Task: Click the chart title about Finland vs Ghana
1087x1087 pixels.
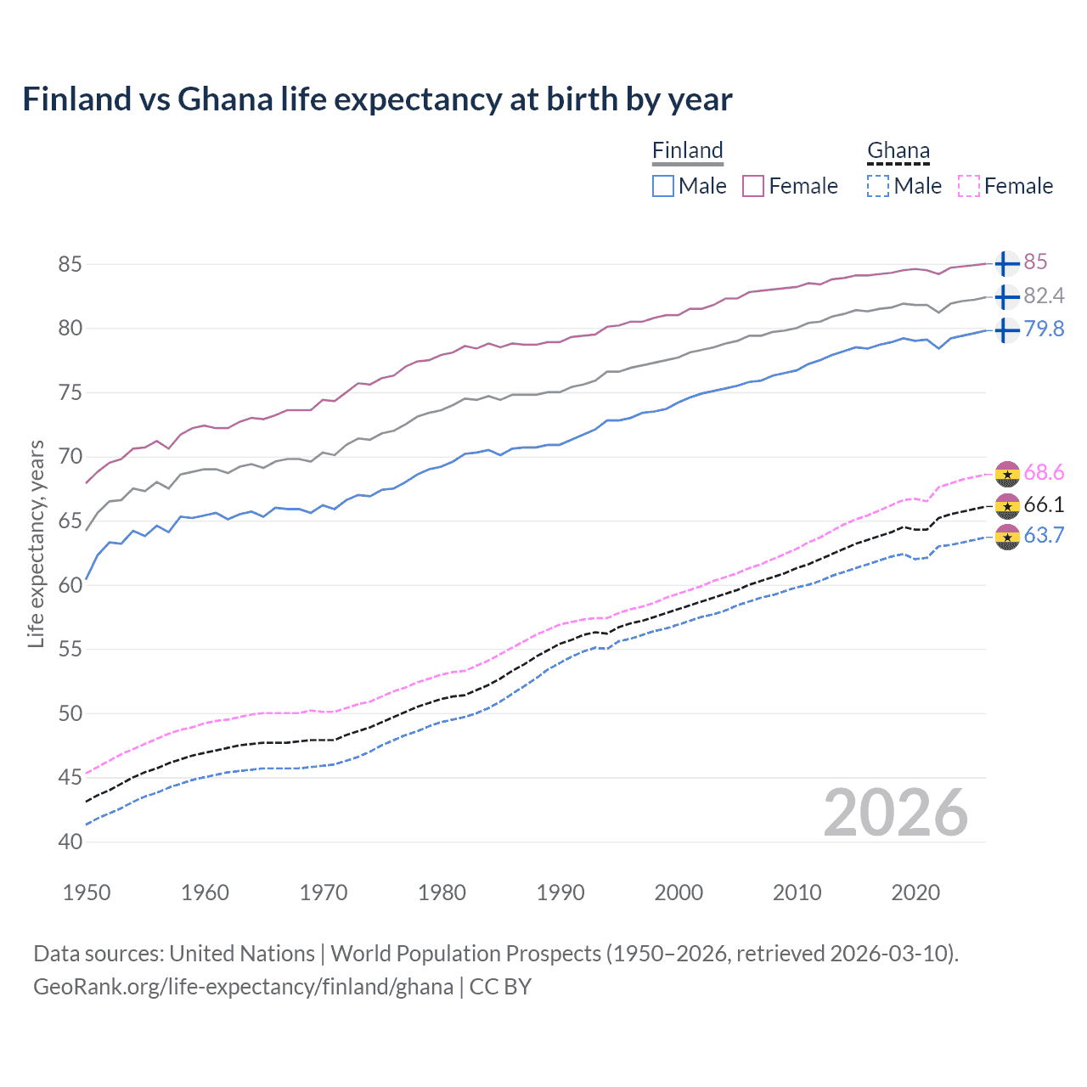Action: click(x=377, y=99)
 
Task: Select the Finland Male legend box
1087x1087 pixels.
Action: click(x=663, y=186)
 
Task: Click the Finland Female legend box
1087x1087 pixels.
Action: click(x=753, y=186)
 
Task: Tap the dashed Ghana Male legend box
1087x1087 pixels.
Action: click(x=878, y=186)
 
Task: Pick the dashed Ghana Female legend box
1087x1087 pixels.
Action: click(x=968, y=186)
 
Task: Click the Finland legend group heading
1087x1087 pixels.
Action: click(x=688, y=150)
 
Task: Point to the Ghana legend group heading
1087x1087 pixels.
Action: click(x=898, y=150)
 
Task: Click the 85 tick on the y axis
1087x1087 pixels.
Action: click(x=70, y=264)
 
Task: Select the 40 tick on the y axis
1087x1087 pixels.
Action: click(x=70, y=842)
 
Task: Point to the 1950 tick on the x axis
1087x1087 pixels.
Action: click(x=87, y=893)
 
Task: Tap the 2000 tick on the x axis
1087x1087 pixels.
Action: click(x=679, y=893)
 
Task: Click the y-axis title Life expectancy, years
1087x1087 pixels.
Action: click(x=36, y=543)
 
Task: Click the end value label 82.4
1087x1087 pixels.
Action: click(x=1044, y=296)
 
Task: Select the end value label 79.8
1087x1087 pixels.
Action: click(x=1044, y=329)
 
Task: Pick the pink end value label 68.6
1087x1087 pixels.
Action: click(x=1044, y=472)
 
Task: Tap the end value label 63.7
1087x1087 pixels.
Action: click(x=1044, y=535)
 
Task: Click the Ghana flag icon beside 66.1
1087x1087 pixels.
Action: click(x=1007, y=505)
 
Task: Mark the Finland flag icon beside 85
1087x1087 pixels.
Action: click(x=1007, y=263)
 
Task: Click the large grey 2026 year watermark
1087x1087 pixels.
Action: click(x=896, y=813)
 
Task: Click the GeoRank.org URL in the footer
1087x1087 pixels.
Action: click(x=243, y=987)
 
